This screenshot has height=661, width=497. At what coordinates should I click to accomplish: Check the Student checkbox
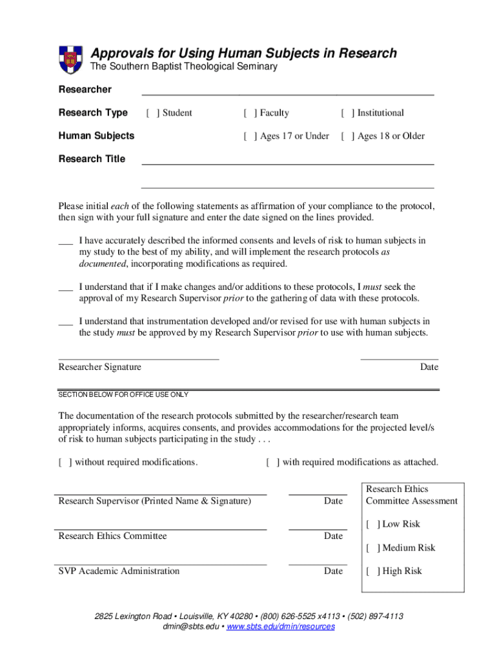click(152, 113)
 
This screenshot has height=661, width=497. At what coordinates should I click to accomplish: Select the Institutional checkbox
click(347, 113)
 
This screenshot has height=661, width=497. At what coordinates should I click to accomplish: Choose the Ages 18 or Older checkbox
click(347, 136)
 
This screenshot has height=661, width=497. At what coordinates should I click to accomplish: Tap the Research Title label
click(92, 159)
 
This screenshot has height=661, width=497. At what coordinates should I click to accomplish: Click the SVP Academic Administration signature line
click(162, 564)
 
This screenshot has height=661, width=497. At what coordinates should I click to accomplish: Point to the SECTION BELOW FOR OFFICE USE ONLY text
click(123, 394)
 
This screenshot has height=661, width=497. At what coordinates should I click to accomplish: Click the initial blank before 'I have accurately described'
click(65, 243)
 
